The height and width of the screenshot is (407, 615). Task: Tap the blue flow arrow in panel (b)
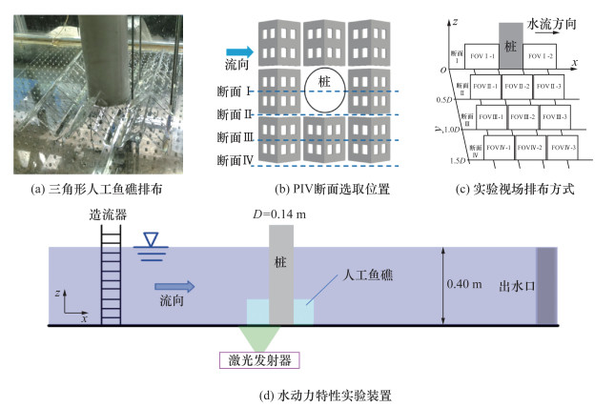237,52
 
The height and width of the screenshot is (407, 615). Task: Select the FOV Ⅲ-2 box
525,117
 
